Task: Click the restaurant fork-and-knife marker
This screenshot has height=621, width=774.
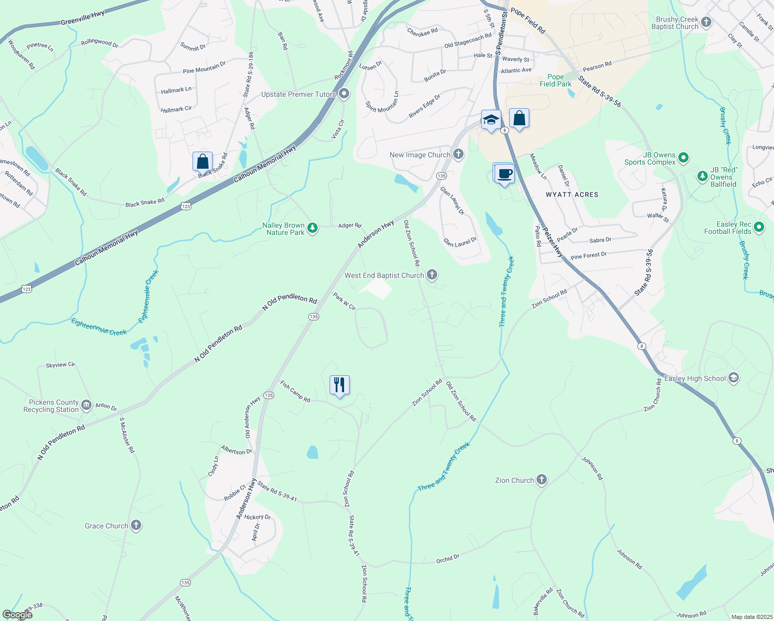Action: click(x=339, y=385)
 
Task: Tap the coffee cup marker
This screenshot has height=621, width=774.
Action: click(x=504, y=173)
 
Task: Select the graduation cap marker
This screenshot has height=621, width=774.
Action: click(x=490, y=120)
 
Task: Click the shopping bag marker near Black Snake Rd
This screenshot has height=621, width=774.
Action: click(x=202, y=161)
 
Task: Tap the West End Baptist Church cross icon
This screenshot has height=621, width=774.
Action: click(x=432, y=275)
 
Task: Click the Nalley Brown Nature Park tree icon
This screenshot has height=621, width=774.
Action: click(x=312, y=228)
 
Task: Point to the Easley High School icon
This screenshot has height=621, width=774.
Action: click(x=733, y=378)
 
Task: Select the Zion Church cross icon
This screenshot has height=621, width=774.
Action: click(x=542, y=480)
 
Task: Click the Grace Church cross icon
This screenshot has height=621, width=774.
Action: click(x=136, y=525)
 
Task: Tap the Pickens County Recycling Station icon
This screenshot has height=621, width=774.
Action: click(x=86, y=405)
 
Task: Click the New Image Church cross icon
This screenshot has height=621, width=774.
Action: click(x=458, y=154)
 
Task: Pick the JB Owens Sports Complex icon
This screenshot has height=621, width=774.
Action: click(x=683, y=157)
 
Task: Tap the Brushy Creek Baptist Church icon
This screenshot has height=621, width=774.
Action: click(x=706, y=22)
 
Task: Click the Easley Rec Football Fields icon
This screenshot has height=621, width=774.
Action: click(x=759, y=227)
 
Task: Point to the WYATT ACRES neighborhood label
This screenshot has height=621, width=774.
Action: click(x=572, y=195)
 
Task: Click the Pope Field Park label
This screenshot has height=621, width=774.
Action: click(x=556, y=80)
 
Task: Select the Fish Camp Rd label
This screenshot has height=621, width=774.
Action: click(x=295, y=391)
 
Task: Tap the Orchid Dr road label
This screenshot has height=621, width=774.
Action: click(x=448, y=559)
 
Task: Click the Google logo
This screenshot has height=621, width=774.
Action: click(x=18, y=614)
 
